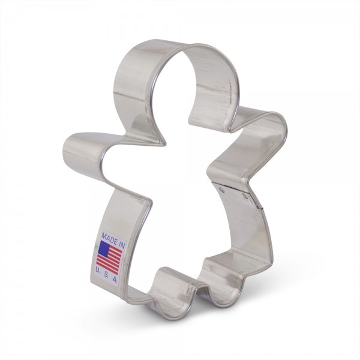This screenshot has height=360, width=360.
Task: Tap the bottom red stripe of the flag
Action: click(107, 269)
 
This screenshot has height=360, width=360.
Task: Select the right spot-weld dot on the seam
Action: click(245, 197)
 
